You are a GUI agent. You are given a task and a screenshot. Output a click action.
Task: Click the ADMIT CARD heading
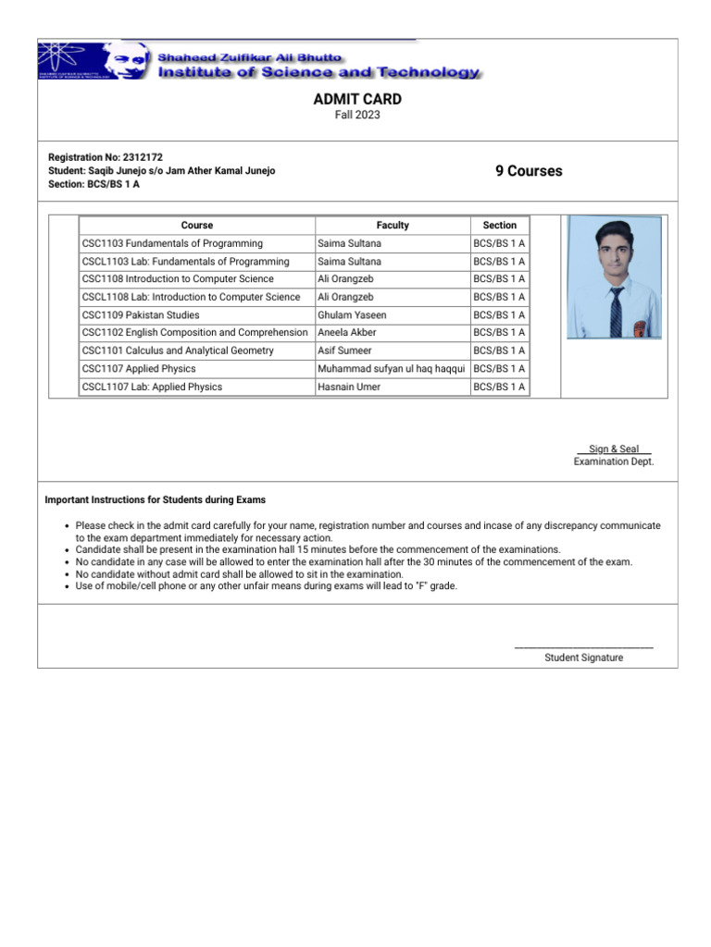coord(356,99)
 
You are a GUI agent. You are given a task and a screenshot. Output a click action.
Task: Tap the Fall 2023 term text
coord(356,116)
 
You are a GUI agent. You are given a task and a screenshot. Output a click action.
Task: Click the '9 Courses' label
coord(529,171)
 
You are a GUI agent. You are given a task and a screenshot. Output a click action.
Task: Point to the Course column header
coord(197,226)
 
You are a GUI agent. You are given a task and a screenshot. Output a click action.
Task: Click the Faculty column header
coord(393,226)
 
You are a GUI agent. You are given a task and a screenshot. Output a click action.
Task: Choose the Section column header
coord(500,226)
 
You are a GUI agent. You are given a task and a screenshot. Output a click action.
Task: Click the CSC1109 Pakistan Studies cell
coord(141,315)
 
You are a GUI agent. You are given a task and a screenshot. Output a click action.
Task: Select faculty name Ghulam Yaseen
coord(352,315)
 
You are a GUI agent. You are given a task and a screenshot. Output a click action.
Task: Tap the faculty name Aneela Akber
coord(347,333)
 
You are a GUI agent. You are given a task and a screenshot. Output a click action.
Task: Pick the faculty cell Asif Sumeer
coord(344,351)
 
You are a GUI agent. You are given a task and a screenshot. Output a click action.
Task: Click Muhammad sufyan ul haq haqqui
coord(391,369)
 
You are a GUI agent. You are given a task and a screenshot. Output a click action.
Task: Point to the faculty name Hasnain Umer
coord(349,387)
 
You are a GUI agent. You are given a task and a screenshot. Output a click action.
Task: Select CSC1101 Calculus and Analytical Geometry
coord(178,351)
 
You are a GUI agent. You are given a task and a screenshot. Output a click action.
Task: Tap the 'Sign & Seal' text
coord(614,449)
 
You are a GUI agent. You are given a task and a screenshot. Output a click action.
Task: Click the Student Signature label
coord(583,658)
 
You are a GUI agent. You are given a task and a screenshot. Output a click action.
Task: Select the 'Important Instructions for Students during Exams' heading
coord(156,500)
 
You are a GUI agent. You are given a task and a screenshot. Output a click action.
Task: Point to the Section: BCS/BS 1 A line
coord(94,184)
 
